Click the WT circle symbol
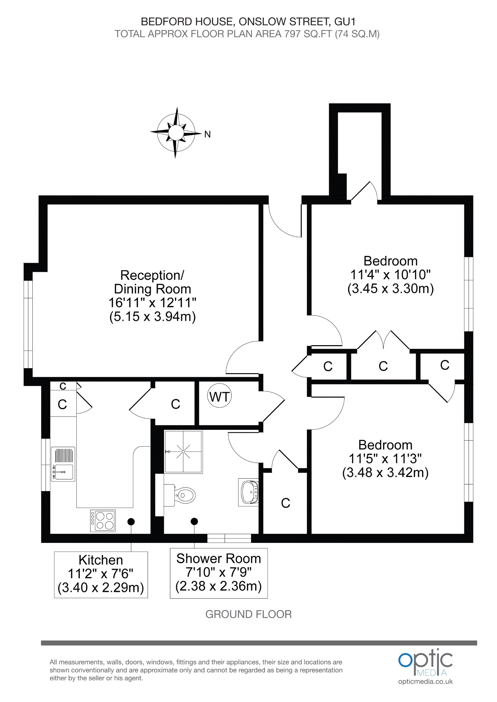[219, 397]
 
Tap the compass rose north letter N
[207, 134]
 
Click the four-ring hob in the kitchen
[103, 521]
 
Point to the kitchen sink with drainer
[63, 464]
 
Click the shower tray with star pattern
[183, 452]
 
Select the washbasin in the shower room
[249, 493]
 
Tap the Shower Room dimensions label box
[219, 573]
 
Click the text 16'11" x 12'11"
[152, 303]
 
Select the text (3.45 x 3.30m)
[390, 288]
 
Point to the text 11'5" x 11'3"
[385, 459]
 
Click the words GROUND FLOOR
[248, 614]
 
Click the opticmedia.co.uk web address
[425, 681]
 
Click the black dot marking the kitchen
[131, 521]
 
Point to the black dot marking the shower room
[194, 521]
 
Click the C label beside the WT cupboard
[176, 404]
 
